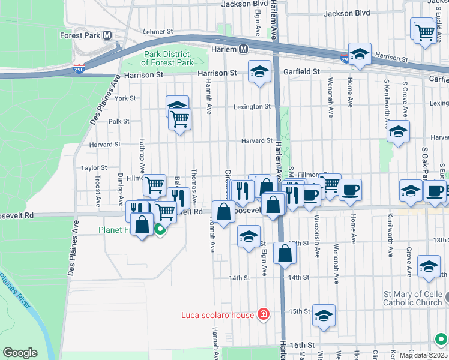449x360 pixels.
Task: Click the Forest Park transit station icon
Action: [107, 35]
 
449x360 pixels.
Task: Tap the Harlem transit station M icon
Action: [244, 49]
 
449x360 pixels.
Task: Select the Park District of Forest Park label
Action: [167, 58]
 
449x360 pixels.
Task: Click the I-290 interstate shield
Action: [79, 70]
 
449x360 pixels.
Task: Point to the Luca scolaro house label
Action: [218, 314]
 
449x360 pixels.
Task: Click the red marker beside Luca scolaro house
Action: [263, 314]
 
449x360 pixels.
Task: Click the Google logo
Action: [20, 353]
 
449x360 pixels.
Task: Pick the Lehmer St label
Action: [158, 31]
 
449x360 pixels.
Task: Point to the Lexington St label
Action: [252, 107]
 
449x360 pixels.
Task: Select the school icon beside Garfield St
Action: [259, 73]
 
